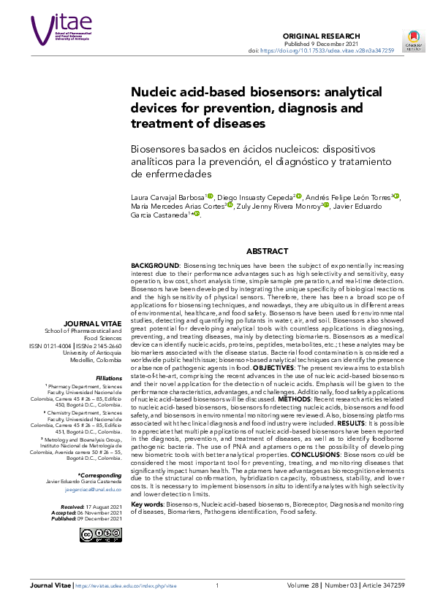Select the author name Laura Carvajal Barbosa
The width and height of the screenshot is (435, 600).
pyautogui.click(x=167, y=196)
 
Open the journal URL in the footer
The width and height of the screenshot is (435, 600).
pyautogui.click(x=127, y=585)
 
